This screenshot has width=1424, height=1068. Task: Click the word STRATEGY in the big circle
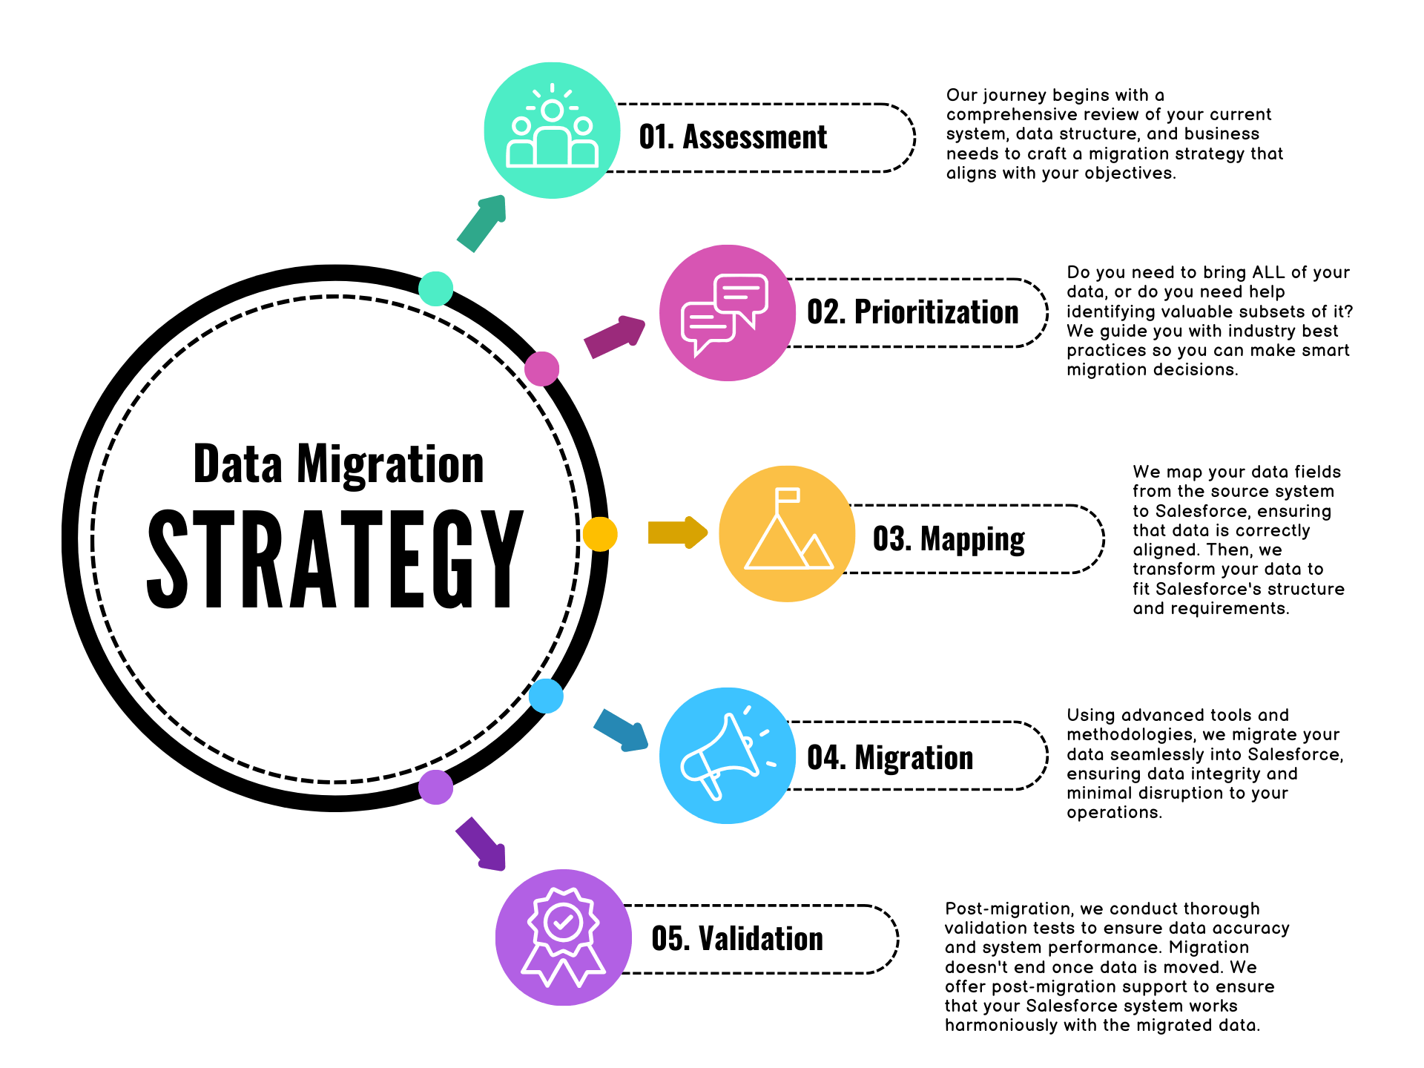[x=335, y=559]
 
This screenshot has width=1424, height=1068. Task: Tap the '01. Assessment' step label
[x=733, y=137]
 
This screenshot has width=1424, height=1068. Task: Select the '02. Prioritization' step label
[x=912, y=312]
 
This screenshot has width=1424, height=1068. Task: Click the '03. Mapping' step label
[x=949, y=539]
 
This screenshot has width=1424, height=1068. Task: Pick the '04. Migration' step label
[x=890, y=757]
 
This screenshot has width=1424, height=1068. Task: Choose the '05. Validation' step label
[x=737, y=938]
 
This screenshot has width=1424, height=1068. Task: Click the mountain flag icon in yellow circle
[x=788, y=533]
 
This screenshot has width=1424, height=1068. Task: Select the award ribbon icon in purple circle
[x=563, y=937]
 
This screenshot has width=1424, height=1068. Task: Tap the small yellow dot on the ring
[x=599, y=534]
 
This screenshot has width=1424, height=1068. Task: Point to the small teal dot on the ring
[x=436, y=289]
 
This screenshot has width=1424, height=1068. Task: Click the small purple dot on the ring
[x=436, y=787]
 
